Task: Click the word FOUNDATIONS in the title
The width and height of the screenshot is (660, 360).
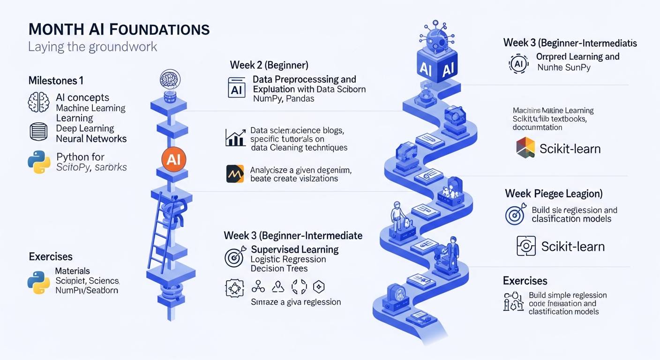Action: pyautogui.click(x=159, y=29)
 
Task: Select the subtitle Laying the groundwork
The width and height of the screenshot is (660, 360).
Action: pyautogui.click(x=92, y=47)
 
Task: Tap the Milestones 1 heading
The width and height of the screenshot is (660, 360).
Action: pyautogui.click(x=56, y=81)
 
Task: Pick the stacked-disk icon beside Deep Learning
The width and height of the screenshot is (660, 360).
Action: pyautogui.click(x=39, y=132)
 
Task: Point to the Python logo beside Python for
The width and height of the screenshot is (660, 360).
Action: pyautogui.click(x=39, y=162)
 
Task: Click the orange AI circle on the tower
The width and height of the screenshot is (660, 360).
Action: pyautogui.click(x=173, y=159)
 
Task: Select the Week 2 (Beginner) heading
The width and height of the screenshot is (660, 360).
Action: pyautogui.click(x=269, y=65)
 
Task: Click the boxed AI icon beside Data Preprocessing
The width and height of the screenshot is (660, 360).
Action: pyautogui.click(x=237, y=87)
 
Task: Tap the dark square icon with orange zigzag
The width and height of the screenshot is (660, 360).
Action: pyautogui.click(x=235, y=173)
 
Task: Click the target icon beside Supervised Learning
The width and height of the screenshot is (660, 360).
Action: pyautogui.click(x=235, y=256)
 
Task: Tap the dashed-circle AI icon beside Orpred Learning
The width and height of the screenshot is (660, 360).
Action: pyautogui.click(x=518, y=64)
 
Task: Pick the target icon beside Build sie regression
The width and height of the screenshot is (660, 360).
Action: pyautogui.click(x=515, y=215)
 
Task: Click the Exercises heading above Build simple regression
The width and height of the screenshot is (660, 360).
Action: pyautogui.click(x=525, y=281)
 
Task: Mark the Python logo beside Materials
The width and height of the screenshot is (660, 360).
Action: pyautogui.click(x=39, y=282)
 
